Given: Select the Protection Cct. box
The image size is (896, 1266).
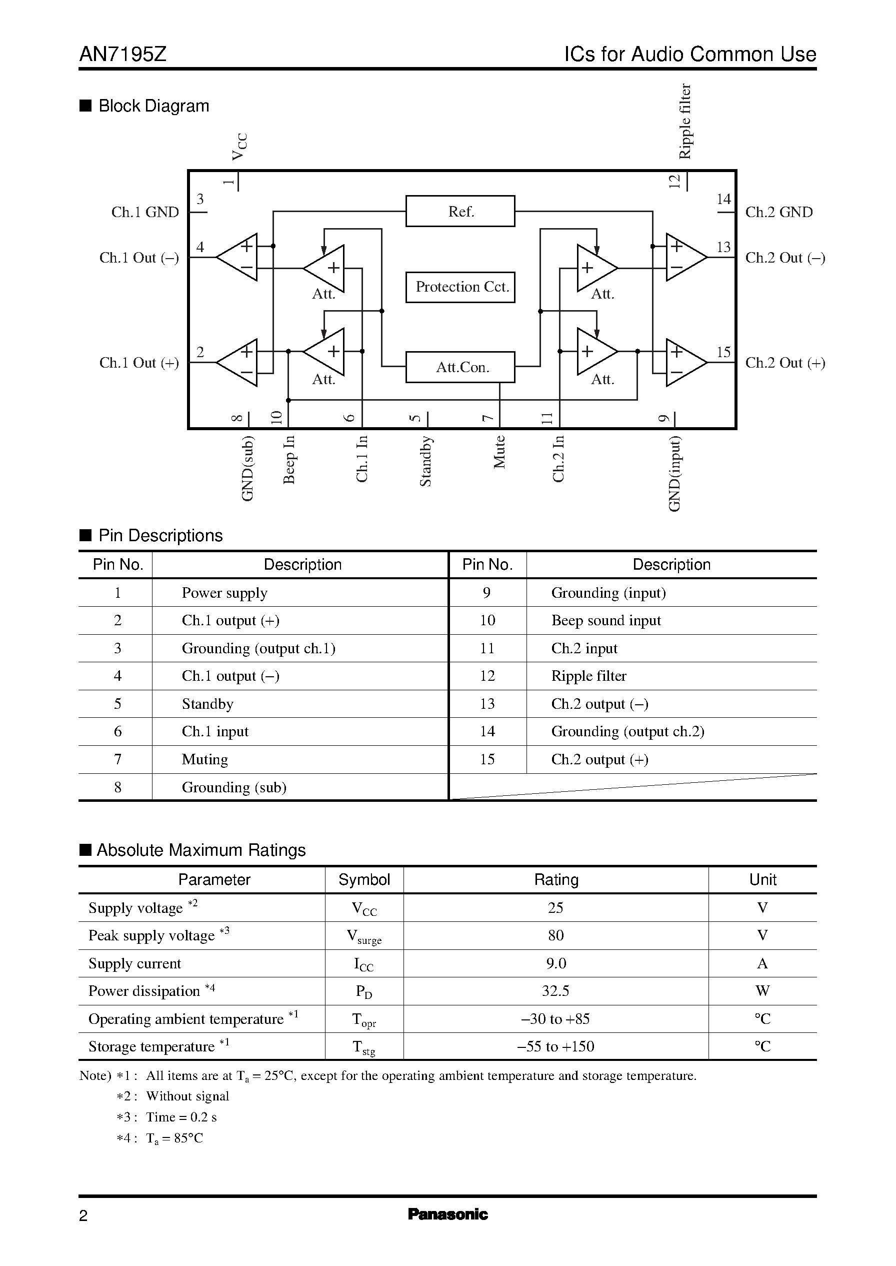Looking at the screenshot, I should [460, 287].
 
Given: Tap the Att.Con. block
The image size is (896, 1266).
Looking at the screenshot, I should [460, 367].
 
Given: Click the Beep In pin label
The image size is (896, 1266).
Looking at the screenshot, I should [289, 459].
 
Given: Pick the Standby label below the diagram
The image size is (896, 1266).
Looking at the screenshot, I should [425, 461].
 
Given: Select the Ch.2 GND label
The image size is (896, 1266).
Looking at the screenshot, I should [778, 213].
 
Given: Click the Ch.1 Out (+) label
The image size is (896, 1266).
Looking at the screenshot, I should [139, 363].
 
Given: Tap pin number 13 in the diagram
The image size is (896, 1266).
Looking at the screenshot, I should [723, 247].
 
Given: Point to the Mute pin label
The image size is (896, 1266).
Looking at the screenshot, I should [499, 452].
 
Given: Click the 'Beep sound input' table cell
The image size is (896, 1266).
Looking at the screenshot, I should [606, 620].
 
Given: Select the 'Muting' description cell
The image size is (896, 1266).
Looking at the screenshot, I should [204, 759].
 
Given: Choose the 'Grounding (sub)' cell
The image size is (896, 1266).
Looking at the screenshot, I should [234, 787].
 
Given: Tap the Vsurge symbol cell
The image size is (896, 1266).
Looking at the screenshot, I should [363, 936].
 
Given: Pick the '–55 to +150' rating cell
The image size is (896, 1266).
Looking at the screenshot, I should [555, 1046].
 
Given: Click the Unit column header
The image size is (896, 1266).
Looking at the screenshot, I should [762, 880].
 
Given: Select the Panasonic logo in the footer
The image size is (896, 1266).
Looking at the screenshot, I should [447, 1214].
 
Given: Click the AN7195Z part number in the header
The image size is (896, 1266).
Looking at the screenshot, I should [122, 54].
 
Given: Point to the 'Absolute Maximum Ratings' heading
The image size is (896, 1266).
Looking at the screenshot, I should [201, 850].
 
